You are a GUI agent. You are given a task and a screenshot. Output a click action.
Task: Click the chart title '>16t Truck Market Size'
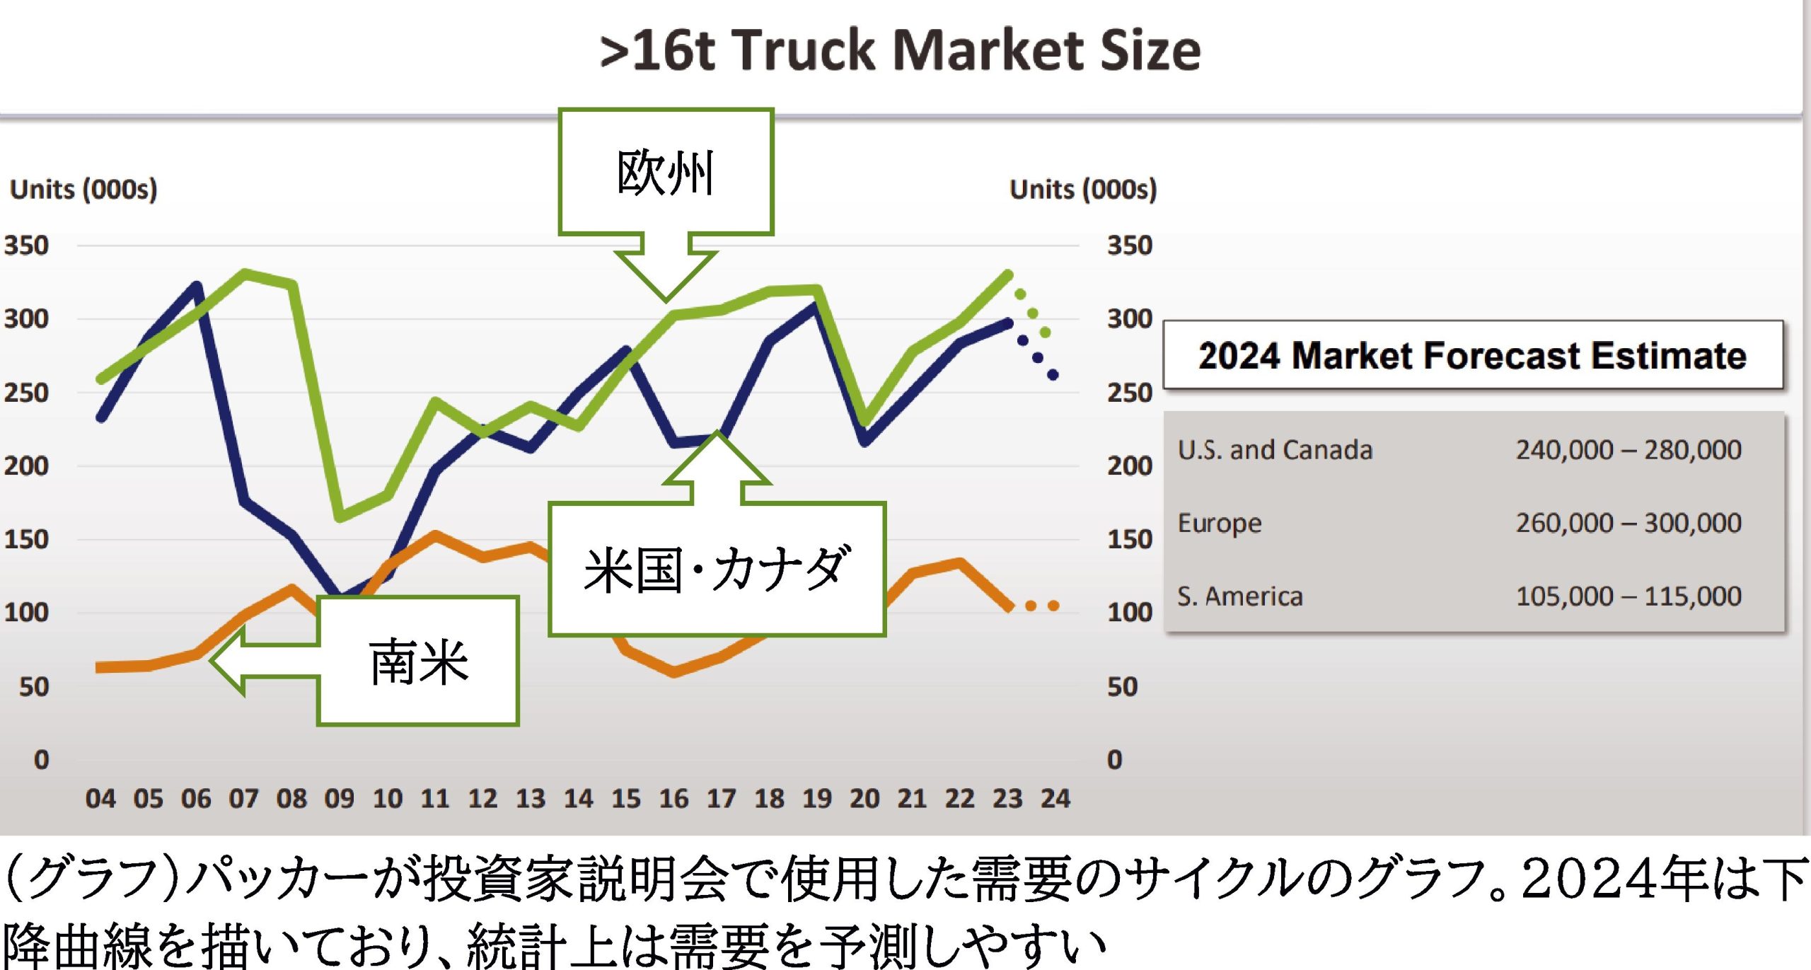pos(900,51)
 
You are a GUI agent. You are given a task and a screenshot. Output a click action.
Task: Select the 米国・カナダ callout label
pos(716,570)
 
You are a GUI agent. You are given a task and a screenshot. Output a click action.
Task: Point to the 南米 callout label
pos(418,662)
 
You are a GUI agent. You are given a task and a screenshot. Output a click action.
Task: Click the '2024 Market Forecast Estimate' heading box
pos(1472,355)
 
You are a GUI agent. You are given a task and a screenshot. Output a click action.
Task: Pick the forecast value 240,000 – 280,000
pos(1628,450)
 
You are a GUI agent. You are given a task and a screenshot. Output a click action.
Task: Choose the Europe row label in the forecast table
pos(1220,524)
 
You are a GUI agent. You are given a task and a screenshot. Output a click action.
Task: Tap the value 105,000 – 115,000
pos(1628,596)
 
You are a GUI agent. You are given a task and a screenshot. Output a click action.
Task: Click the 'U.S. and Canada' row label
pos(1275,450)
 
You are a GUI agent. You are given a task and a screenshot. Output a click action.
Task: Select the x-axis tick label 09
pos(339,799)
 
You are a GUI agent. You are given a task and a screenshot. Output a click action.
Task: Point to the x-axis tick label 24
pos(1055,799)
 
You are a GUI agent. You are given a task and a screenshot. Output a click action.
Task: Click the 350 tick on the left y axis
pos(26,246)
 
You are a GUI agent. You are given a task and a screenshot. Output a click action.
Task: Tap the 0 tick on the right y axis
pos(1115,760)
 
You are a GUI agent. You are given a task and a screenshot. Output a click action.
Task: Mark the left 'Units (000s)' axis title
pos(83,190)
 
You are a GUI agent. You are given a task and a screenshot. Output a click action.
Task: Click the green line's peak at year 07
pos(244,273)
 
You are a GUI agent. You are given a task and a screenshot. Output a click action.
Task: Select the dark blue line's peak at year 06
pos(197,286)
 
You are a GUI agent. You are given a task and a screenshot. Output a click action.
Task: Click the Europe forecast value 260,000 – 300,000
pos(1628,524)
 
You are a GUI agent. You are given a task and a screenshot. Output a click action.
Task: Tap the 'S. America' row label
pos(1239,596)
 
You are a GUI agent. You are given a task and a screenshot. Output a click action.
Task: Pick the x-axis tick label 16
pos(673,799)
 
